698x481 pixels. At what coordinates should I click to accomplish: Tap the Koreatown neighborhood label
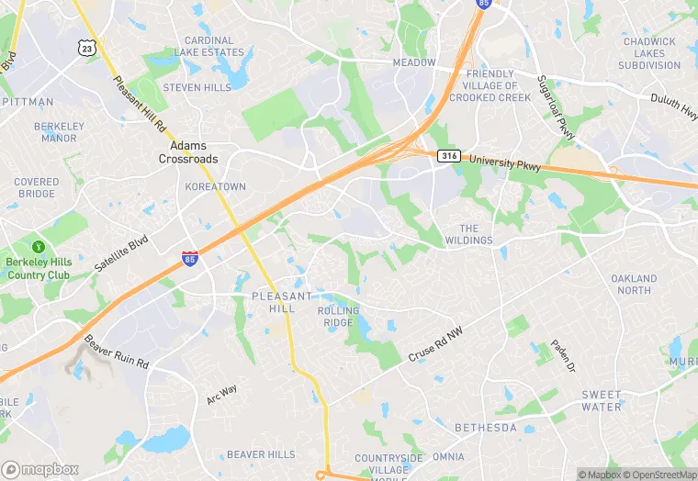216,186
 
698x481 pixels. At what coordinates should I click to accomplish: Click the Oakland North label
635,285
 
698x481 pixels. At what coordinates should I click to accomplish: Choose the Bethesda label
486,428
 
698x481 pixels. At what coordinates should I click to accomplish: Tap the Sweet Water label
602,400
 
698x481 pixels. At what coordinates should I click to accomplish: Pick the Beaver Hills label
261,454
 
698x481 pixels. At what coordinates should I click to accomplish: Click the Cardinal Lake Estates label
210,47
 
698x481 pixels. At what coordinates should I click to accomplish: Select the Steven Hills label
197,87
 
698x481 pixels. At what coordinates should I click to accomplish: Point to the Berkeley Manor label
60,131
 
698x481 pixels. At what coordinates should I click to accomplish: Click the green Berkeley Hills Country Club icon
39,247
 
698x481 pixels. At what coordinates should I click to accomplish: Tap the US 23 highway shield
86,48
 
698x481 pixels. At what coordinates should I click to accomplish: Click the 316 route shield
448,156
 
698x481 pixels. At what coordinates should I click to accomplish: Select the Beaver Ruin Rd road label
116,351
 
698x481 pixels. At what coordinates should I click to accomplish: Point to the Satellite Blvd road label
120,254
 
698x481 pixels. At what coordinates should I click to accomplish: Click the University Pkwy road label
505,162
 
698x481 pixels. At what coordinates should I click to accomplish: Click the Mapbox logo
40,469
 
